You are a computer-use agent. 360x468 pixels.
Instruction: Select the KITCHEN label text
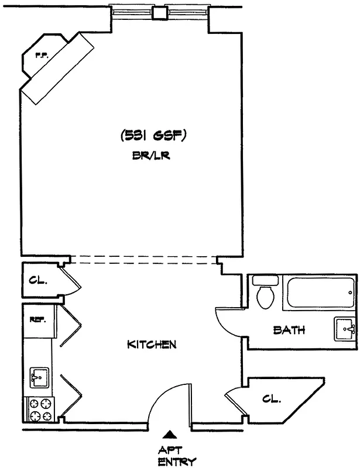pos(152,345)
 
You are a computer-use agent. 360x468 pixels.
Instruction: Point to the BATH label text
pos(289,330)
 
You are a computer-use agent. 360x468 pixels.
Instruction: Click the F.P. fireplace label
pos(42,56)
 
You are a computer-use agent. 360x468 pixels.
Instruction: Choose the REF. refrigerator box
pos(39,319)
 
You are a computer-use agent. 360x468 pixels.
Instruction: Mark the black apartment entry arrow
pos(169,434)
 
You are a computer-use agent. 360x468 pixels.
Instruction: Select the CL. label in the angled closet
pos(271,399)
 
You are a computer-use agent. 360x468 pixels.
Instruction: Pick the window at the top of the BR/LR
pos(159,12)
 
